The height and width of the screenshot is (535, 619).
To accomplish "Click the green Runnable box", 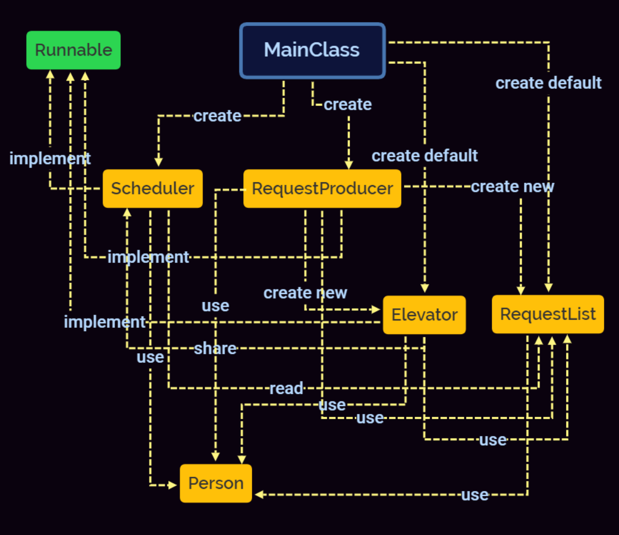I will click(73, 50).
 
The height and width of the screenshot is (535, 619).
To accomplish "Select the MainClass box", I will click(312, 50).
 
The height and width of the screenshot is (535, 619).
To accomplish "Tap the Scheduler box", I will click(153, 188).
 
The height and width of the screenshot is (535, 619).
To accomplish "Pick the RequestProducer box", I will click(322, 188).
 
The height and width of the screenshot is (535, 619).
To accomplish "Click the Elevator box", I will click(424, 315).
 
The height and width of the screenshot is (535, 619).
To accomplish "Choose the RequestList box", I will click(548, 314).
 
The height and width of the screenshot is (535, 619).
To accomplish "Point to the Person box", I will click(216, 483).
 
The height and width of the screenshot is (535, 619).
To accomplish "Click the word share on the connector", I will click(215, 349).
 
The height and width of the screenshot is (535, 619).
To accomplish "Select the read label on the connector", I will click(286, 388).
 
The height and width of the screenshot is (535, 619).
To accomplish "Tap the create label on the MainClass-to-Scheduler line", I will click(217, 116).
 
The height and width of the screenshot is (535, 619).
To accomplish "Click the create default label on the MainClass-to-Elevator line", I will click(424, 156).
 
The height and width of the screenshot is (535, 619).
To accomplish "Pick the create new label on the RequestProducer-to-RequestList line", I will click(512, 187).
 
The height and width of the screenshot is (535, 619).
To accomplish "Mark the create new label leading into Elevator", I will click(305, 293).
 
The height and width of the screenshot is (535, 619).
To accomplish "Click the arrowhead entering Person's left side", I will click(173, 485).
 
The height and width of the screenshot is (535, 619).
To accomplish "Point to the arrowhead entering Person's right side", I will click(259, 495).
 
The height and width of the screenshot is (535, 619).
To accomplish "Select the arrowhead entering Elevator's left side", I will click(376, 310).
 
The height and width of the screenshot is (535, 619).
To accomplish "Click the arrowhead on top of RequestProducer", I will click(348, 165).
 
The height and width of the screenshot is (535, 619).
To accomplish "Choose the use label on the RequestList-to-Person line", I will click(475, 495).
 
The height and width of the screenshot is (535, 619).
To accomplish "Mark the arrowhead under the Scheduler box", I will click(127, 212).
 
